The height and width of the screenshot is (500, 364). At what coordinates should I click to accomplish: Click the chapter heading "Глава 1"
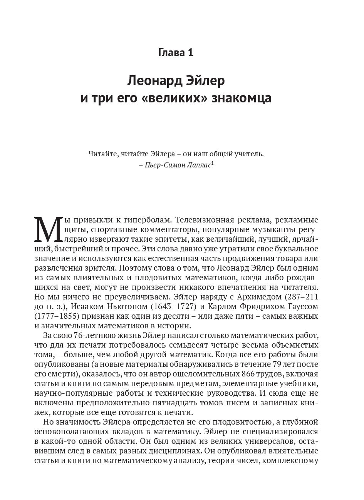pos(176,52)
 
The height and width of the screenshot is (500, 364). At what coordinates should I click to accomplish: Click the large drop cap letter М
pos(47,230)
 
